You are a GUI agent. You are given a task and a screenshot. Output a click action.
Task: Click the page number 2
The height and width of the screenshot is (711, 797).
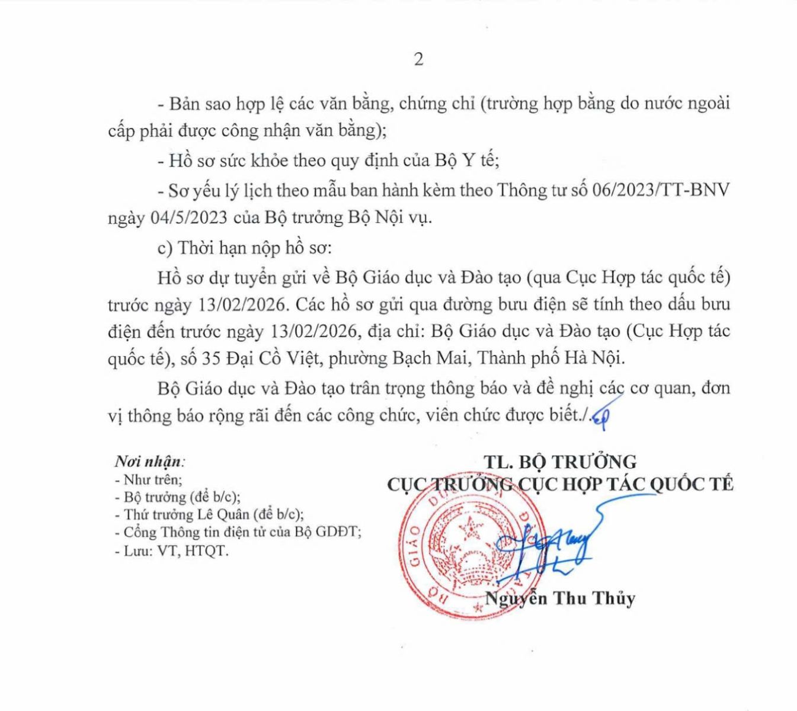[418, 59]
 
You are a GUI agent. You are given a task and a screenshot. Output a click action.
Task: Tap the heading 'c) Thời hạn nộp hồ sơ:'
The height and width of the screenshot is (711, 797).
[245, 248]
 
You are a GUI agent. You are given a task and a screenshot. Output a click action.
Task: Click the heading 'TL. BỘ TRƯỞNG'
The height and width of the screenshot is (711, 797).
[559, 462]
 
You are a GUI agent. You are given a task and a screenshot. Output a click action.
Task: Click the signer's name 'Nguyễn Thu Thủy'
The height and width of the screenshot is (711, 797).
[560, 598]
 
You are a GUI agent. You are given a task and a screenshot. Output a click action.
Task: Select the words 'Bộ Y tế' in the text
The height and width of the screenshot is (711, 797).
[466, 161]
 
